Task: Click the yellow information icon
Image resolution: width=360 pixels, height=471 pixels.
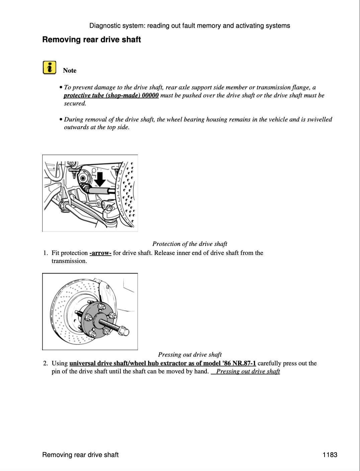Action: pos(49,68)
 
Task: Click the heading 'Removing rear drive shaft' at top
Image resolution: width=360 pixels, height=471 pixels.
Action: pos(91,39)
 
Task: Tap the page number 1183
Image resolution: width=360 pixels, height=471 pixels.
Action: pos(330,455)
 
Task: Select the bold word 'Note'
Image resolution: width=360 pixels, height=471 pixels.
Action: pos(70,71)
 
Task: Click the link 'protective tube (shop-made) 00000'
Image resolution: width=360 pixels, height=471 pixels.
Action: pos(111,95)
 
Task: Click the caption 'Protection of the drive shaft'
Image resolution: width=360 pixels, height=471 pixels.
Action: pos(190,244)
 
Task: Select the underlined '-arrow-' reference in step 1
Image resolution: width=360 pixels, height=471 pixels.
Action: pos(100,253)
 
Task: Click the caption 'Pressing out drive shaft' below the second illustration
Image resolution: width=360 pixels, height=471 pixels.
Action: pos(190,355)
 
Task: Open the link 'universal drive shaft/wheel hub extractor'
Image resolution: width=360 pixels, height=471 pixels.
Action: pos(163,363)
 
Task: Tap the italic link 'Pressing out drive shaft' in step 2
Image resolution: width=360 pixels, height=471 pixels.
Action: pos(248,371)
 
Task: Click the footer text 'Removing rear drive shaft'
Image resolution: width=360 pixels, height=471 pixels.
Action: pos(80,455)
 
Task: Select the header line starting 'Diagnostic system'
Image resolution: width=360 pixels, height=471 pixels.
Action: pos(190,26)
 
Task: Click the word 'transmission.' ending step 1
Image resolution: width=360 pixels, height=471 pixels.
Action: pos(69,261)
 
